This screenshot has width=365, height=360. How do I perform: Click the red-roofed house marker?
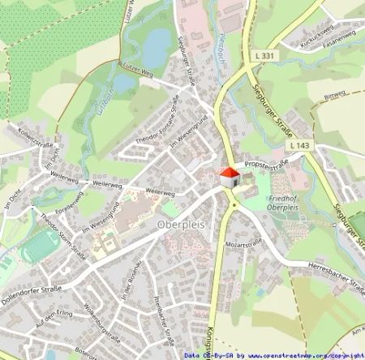[x=230, y=177]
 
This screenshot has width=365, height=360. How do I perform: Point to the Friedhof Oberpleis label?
[x=290, y=195]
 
